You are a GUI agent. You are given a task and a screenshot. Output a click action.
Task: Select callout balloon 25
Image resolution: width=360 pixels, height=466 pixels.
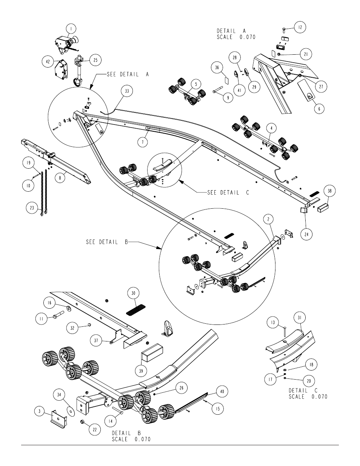(x=95, y=60)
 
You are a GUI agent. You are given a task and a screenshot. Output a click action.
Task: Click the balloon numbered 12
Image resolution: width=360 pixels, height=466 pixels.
(x=300, y=27)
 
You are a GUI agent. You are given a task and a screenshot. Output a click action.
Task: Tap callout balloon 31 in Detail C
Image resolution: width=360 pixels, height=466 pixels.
(x=300, y=318)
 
